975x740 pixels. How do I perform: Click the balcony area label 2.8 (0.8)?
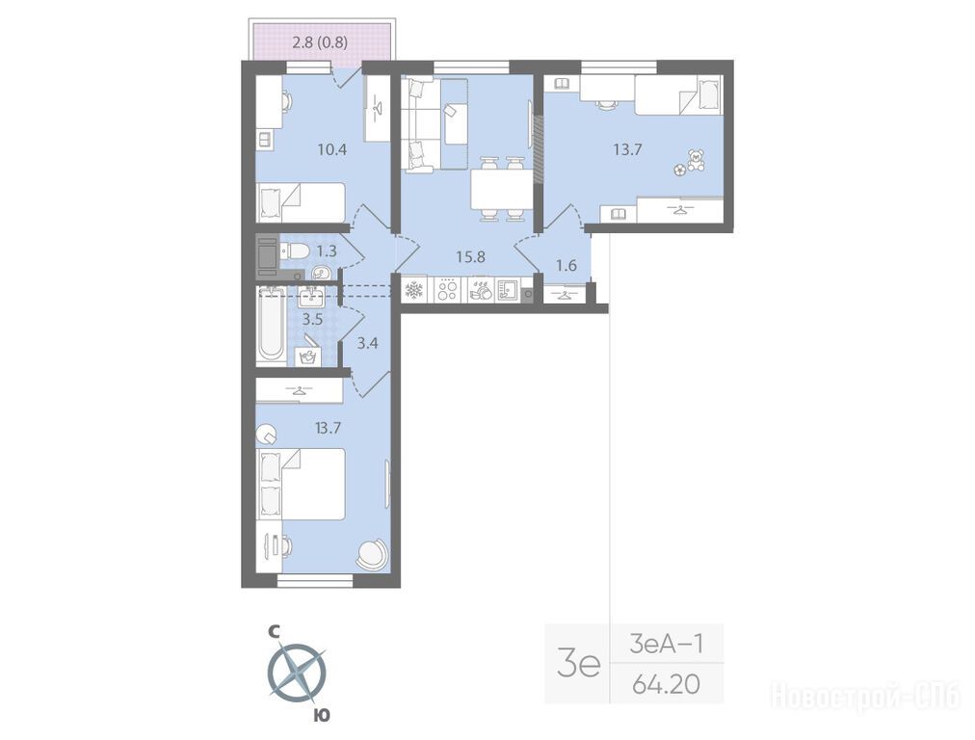pos(320,43)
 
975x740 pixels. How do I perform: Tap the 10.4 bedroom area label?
pos(331,150)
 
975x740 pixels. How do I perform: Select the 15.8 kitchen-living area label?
pos(470,256)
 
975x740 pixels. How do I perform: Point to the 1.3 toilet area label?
pos(327,251)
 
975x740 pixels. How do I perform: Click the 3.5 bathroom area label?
pos(312,320)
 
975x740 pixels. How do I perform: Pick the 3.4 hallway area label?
pos(368,342)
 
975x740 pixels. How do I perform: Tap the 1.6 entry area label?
pos(566,266)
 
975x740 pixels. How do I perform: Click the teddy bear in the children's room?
pos(694,160)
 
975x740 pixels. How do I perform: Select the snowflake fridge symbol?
pos(414,290)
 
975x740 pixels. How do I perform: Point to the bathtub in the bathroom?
pos(271,325)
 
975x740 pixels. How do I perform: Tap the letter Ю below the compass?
pos(322,715)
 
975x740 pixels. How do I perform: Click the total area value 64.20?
pos(666,685)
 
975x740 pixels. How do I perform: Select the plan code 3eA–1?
pos(666,644)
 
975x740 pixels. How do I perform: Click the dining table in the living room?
pos(501,189)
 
